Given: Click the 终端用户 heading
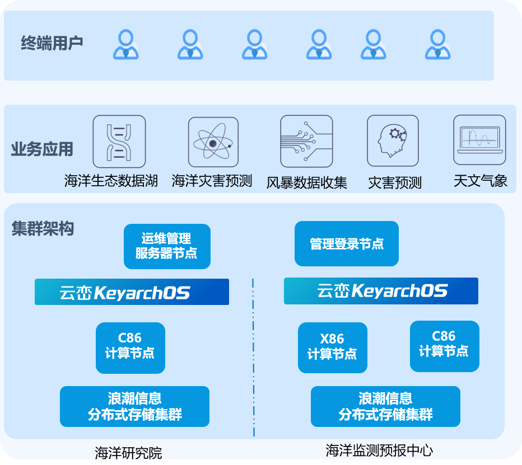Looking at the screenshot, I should pyautogui.click(x=52, y=43).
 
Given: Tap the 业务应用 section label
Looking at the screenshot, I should pyautogui.click(x=42, y=149).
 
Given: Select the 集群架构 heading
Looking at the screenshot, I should pyautogui.click(x=43, y=229).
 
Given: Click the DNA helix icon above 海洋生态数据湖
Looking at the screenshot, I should pyautogui.click(x=119, y=142).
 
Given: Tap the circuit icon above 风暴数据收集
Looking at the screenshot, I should pyautogui.click(x=306, y=142).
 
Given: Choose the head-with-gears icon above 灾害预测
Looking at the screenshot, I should pyautogui.click(x=393, y=142).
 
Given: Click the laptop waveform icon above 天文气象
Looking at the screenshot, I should pyautogui.click(x=479, y=141).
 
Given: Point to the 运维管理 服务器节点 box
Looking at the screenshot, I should pyautogui.click(x=167, y=246).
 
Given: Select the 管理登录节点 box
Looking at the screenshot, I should pyautogui.click(x=347, y=244).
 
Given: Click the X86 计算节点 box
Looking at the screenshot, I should pyautogui.click(x=333, y=347).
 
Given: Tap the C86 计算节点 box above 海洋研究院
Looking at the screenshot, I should pyautogui.click(x=130, y=347).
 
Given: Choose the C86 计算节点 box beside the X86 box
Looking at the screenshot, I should pyautogui.click(x=444, y=346).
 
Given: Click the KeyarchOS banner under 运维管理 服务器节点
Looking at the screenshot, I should pyautogui.click(x=132, y=292).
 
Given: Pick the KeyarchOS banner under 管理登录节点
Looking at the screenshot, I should pyautogui.click(x=381, y=291).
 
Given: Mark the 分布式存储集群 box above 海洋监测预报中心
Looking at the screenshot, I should pyautogui.click(x=385, y=406).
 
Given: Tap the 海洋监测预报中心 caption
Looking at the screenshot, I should pyautogui.click(x=379, y=450).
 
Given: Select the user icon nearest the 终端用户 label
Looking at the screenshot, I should pyautogui.click(x=125, y=45).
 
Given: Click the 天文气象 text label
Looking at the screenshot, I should pyautogui.click(x=481, y=181).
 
